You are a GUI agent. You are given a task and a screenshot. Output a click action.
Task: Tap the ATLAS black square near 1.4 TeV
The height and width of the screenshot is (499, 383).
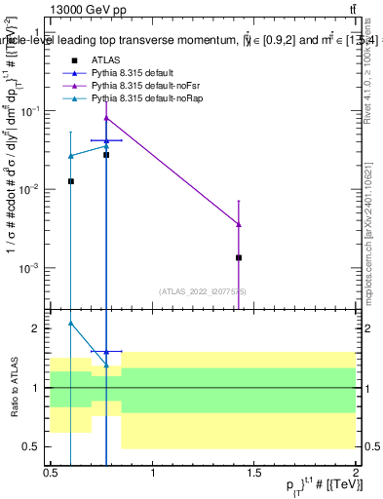[x=239, y=257]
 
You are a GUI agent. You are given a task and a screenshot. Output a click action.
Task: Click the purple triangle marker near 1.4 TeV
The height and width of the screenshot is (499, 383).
[x=239, y=224]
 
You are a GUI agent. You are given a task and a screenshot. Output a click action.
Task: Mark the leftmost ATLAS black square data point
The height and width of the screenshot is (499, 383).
[x=70, y=181]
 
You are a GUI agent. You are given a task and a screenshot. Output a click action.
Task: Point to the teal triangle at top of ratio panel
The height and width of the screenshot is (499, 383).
[x=70, y=323]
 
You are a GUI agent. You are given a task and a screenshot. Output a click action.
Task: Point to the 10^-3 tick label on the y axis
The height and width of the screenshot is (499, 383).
[x=28, y=267]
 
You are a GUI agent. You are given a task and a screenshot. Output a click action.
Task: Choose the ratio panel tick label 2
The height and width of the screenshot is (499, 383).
[x=36, y=329]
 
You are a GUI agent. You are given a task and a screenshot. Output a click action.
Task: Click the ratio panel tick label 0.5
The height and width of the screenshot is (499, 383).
[x=32, y=446]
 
